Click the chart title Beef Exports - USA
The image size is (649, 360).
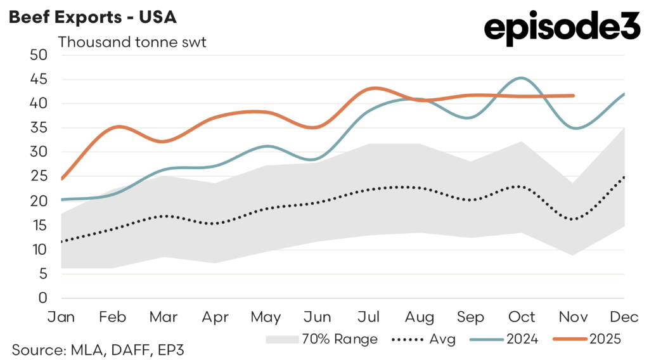pos(92,17)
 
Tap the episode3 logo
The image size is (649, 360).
pos(562,30)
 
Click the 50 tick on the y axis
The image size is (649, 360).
pos(39,55)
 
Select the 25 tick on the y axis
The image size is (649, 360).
pos(39,177)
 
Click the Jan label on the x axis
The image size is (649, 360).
pos(61,316)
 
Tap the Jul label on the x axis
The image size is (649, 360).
pos(368,316)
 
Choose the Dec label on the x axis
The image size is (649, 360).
pos(625,316)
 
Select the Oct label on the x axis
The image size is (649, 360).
pos(522,316)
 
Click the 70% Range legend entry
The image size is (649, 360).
pos(321,339)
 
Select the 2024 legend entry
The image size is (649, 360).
pos(506,339)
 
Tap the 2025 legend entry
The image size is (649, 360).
pos(590,339)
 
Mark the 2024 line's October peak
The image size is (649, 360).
pos(521,78)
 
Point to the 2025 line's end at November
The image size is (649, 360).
pos(573,96)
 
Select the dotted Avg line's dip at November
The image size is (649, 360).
pos(572,219)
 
